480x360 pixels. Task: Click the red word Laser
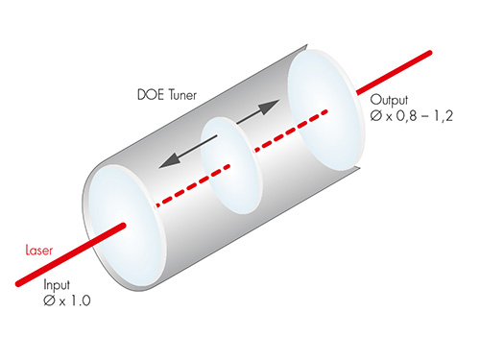[x=39, y=251]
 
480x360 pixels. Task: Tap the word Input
[x=57, y=285]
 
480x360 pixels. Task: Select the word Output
[x=389, y=100]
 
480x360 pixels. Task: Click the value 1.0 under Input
[x=81, y=300]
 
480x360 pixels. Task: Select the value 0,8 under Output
[x=406, y=116]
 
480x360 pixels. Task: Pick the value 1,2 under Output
[x=444, y=116]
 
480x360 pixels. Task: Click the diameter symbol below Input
[x=49, y=300]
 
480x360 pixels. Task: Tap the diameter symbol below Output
[x=376, y=115]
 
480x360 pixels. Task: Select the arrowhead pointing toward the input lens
[x=169, y=160]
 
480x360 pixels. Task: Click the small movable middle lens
[x=230, y=165]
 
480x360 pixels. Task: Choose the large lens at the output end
[x=325, y=110]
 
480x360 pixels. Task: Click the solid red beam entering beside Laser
[x=71, y=254]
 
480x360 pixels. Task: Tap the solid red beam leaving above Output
[x=395, y=73]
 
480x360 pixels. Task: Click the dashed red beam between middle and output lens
[x=291, y=131]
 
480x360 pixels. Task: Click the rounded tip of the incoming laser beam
[x=123, y=226]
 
